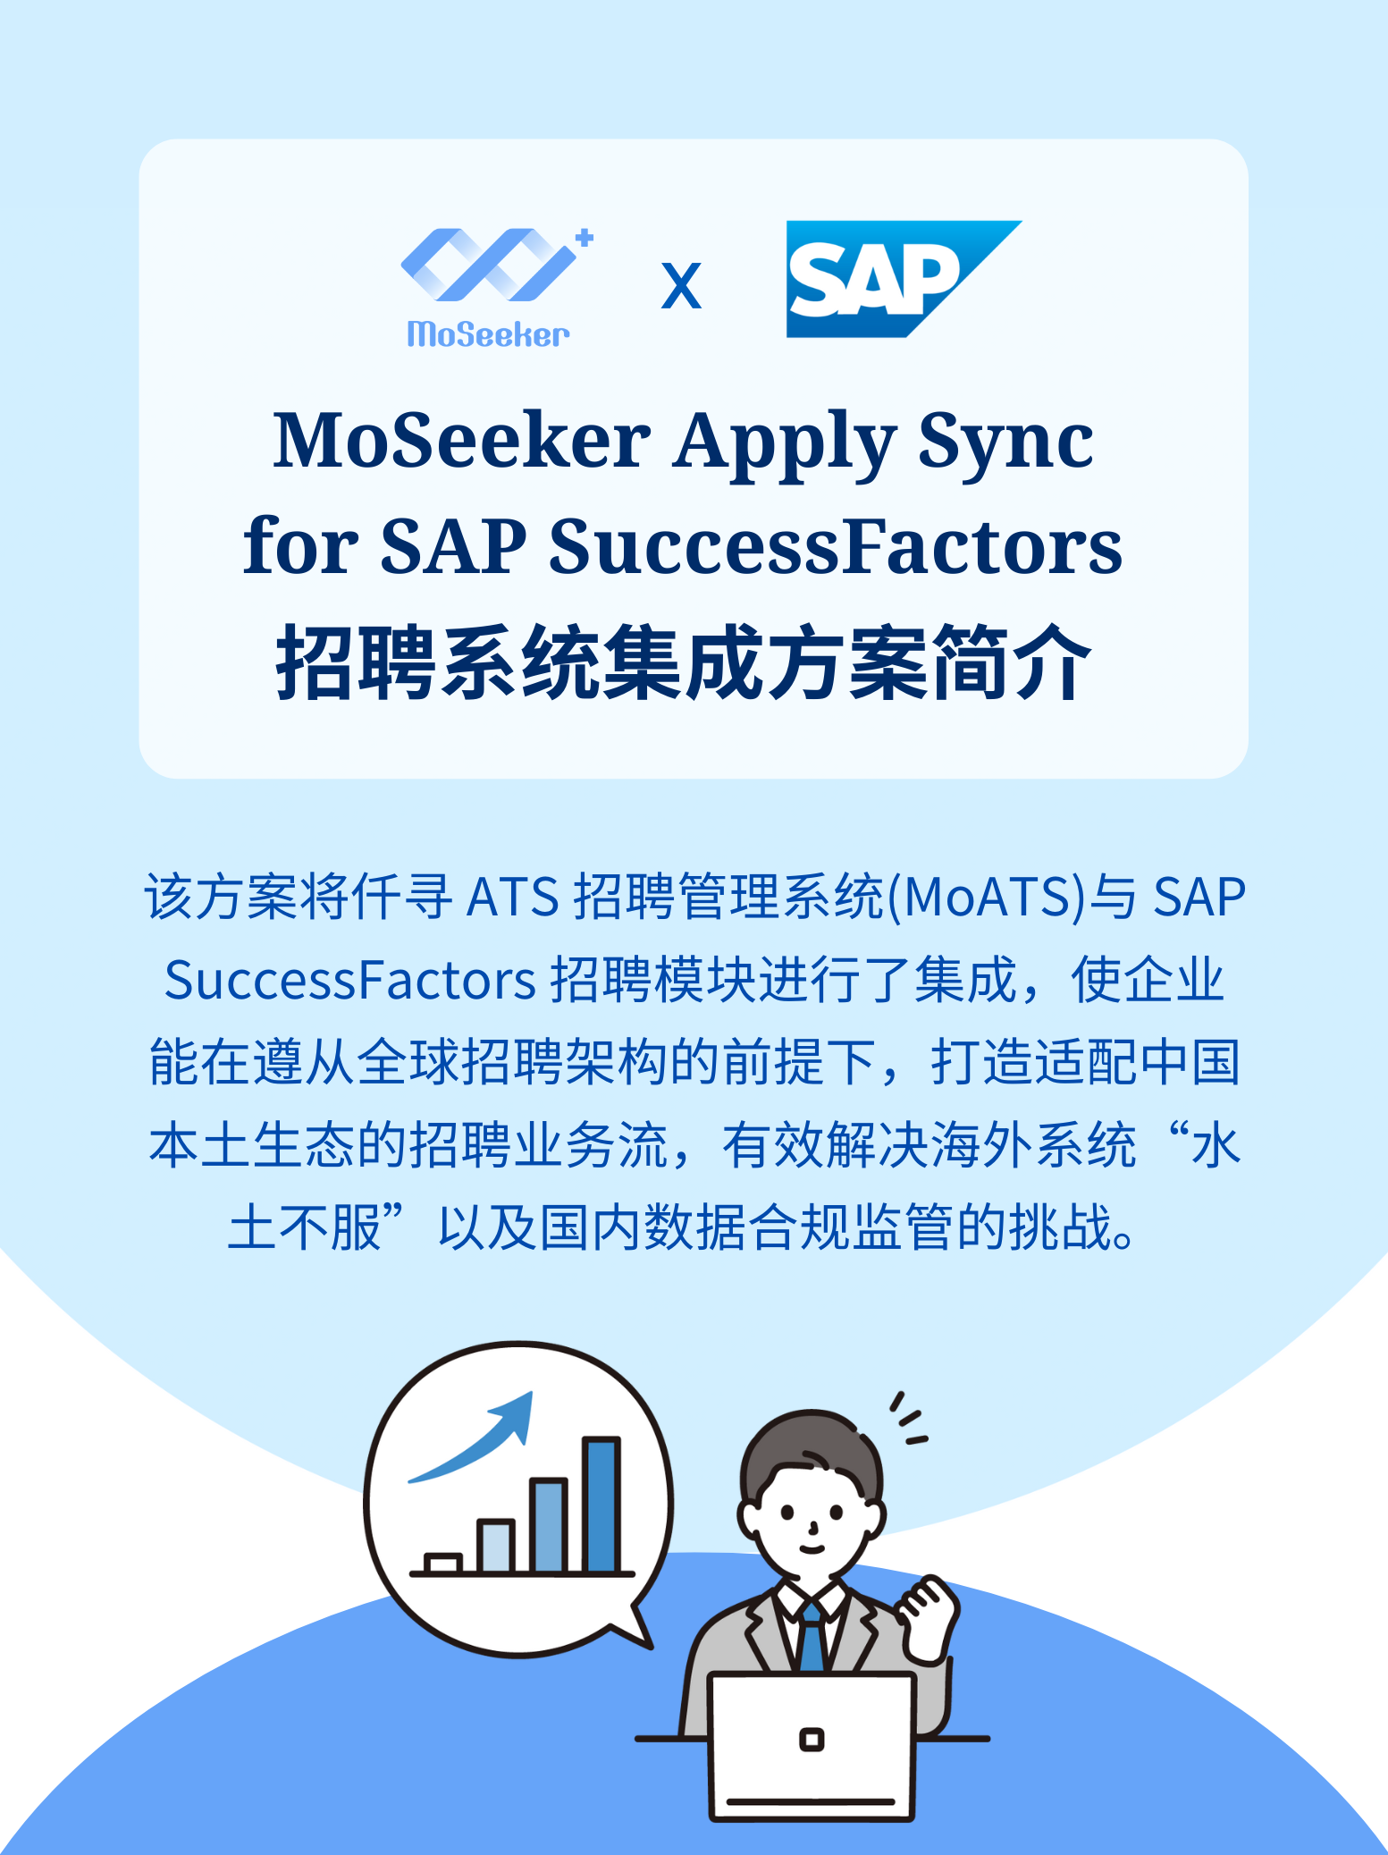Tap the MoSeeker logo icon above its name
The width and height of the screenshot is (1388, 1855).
click(x=490, y=266)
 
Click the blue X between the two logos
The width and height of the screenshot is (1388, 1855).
click(x=681, y=286)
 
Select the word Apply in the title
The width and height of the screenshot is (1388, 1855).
click(x=784, y=442)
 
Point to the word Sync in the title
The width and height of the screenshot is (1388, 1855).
click(x=1005, y=442)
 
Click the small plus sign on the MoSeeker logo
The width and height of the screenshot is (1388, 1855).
click(x=585, y=238)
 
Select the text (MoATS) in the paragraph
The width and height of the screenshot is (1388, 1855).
click(x=987, y=897)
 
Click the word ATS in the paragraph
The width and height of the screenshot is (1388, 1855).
click(x=513, y=897)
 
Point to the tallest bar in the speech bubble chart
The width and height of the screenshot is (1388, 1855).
click(x=601, y=1505)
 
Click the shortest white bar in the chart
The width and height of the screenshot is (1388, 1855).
click(x=442, y=1563)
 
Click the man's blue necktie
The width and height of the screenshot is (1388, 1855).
click(x=812, y=1635)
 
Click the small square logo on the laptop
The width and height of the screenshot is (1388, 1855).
click(x=812, y=1740)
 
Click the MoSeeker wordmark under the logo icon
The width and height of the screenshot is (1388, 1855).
click(x=488, y=334)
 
